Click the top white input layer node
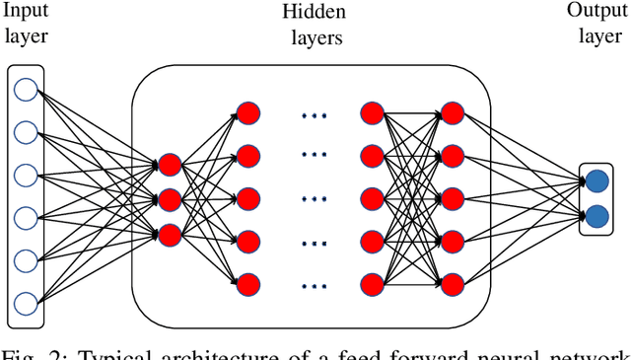pos(26,89)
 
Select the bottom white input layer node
pos(26,301)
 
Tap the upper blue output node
pos(596,180)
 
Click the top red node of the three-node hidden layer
pos(170,164)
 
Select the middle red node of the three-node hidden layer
pos(170,199)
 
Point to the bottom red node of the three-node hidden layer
pos(170,235)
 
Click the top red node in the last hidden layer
pos(452,112)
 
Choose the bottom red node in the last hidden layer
pos(452,285)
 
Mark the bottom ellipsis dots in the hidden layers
pos(313,286)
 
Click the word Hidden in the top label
pos(312,13)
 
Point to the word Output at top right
pos(596,11)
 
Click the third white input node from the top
pos(26,174)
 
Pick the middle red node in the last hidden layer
pos(452,199)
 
